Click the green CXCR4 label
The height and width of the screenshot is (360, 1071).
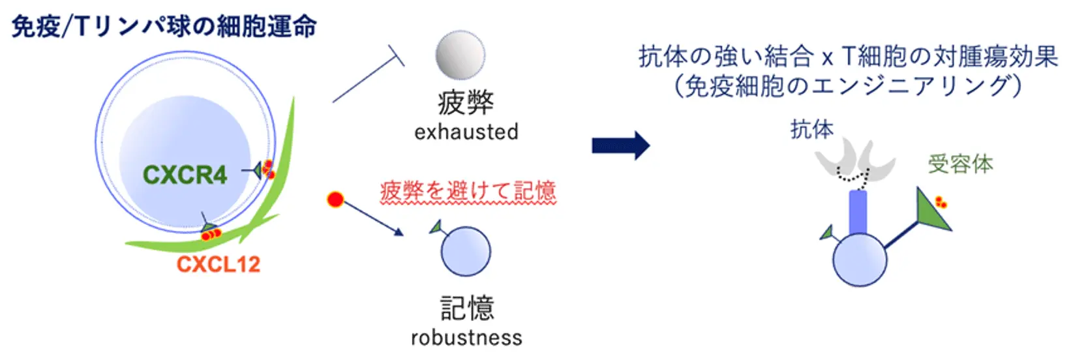[x=185, y=175]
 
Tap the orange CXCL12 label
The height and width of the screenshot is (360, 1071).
[x=219, y=264]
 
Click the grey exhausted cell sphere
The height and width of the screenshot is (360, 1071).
[x=460, y=55]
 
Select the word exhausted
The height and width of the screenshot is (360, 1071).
[x=466, y=132]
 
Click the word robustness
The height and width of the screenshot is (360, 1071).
[x=466, y=338]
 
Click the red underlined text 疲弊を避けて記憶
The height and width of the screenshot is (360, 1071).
[x=468, y=191]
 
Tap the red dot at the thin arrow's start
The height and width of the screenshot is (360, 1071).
[x=335, y=200]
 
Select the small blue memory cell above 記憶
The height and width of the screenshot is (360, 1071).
[x=466, y=252]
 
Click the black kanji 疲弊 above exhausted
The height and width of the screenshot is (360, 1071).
[x=466, y=102]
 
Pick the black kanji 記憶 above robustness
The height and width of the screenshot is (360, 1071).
[x=467, y=308]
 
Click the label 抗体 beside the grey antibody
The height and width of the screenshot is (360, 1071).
[x=812, y=129]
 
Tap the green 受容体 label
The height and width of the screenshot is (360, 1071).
[x=960, y=164]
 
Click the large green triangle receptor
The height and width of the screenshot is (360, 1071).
[x=931, y=211]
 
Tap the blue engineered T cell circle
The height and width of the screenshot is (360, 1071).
[x=860, y=260]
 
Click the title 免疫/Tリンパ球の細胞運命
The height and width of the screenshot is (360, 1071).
[x=164, y=27]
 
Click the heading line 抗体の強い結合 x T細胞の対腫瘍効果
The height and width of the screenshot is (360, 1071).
[x=847, y=57]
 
